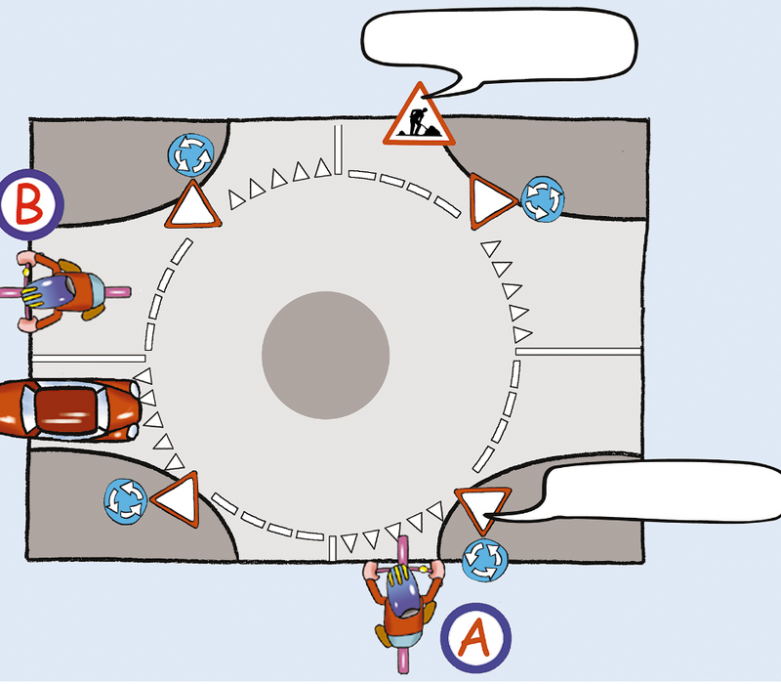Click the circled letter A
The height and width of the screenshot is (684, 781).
click(x=473, y=637)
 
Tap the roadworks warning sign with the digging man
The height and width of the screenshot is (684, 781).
click(x=418, y=114)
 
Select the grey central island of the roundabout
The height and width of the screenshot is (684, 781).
click(x=326, y=352)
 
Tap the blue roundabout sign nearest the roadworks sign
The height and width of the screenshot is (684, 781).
click(x=540, y=199)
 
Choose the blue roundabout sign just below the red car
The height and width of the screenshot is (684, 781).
click(x=126, y=499)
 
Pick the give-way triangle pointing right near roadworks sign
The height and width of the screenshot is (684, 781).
click(x=491, y=201)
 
